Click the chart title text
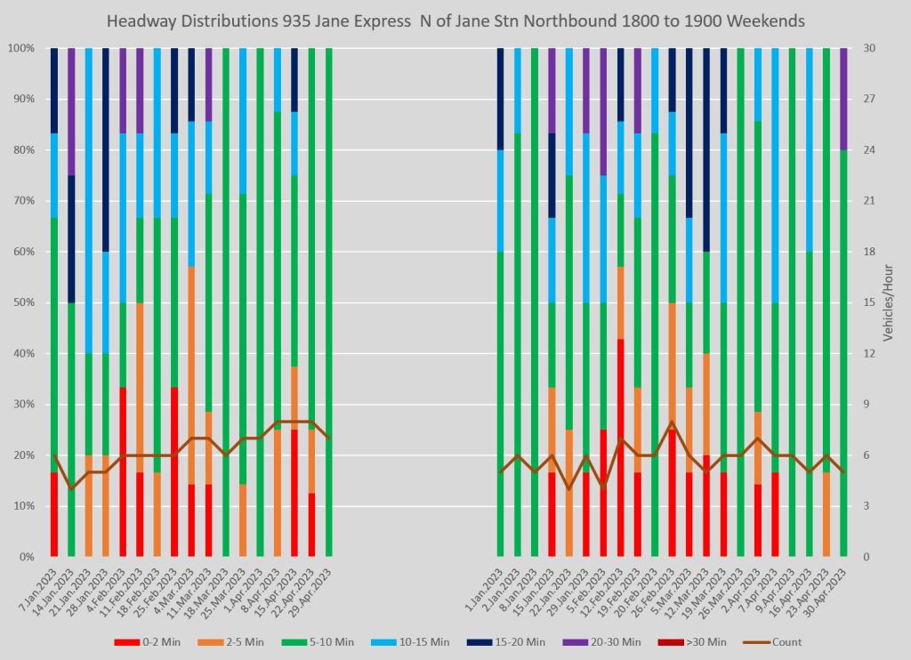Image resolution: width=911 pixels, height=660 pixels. click(x=455, y=20)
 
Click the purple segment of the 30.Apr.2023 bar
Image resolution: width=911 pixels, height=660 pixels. click(x=843, y=99)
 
